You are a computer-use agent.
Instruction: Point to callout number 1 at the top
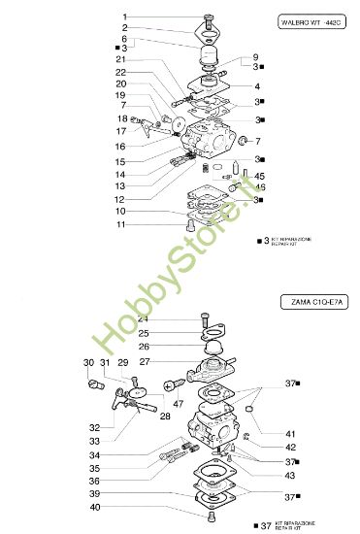click(x=124, y=17)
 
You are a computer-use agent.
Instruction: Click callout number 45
click(x=259, y=176)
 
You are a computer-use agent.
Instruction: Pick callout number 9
click(x=255, y=56)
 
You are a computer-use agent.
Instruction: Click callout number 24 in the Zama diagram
click(x=143, y=318)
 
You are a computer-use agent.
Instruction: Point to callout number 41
click(x=290, y=434)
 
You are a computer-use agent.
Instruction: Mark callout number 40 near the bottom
click(x=122, y=507)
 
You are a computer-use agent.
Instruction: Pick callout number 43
click(x=290, y=475)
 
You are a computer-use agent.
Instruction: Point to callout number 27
click(x=143, y=362)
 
